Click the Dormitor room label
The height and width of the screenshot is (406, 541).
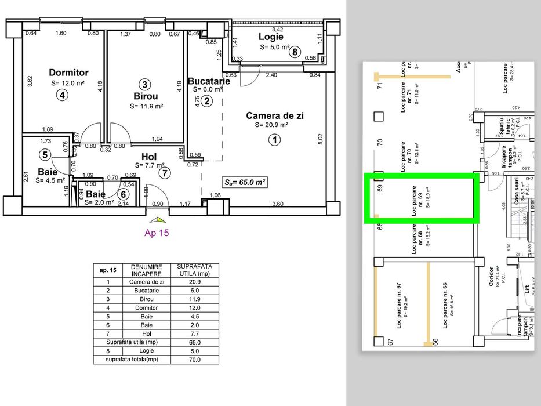68,72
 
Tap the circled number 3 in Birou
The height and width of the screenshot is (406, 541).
146,84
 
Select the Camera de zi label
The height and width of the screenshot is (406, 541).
274,115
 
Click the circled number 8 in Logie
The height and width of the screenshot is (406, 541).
295,52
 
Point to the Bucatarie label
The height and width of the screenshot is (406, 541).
209,81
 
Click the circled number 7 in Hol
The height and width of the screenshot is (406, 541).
166,172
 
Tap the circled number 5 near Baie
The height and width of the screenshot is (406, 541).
45,154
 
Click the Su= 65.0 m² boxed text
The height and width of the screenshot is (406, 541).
246,182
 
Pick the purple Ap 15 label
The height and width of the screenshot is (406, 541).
157,234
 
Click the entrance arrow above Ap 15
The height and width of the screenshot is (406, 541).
157,220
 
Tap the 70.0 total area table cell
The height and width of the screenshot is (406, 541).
194,360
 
